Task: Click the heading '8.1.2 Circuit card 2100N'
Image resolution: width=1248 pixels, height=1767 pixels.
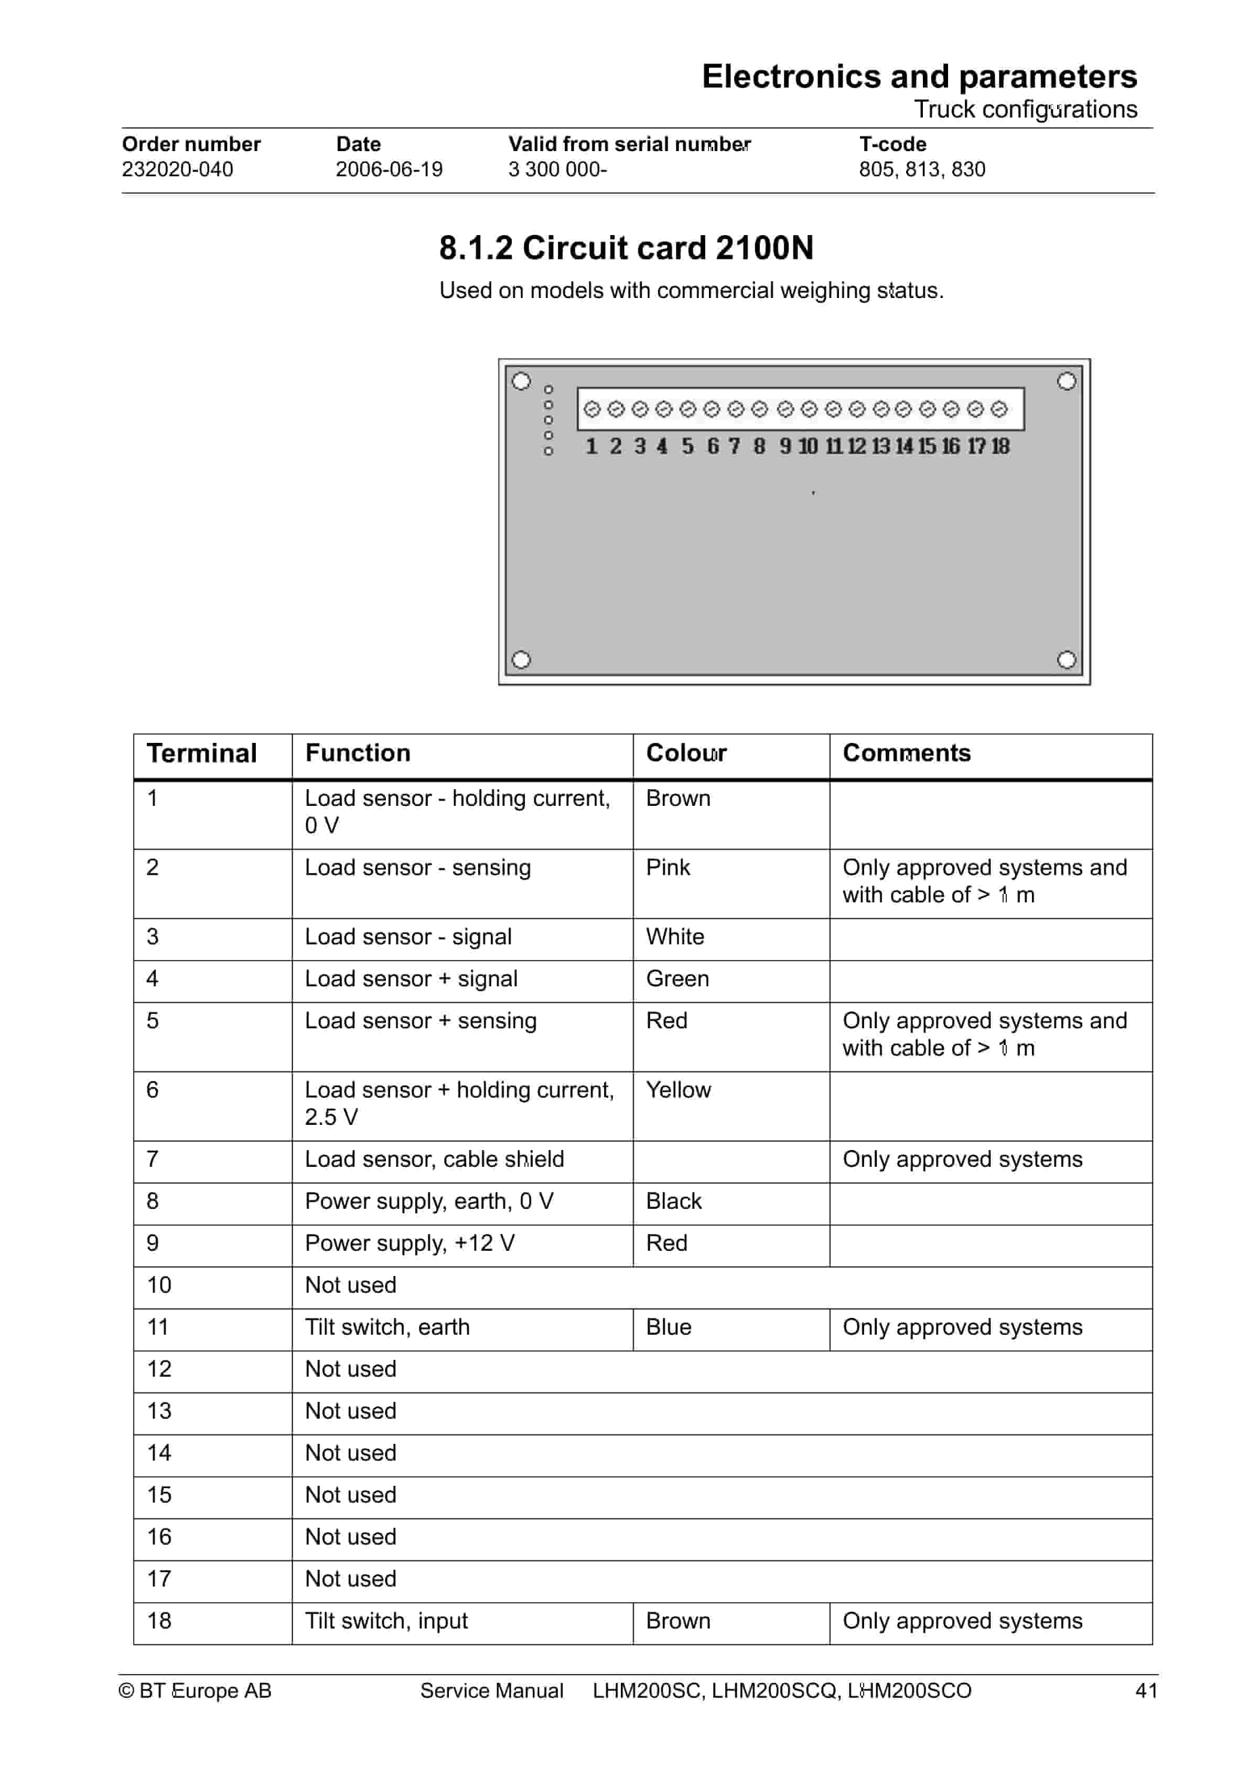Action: [626, 248]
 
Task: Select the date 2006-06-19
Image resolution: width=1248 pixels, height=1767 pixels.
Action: [389, 169]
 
